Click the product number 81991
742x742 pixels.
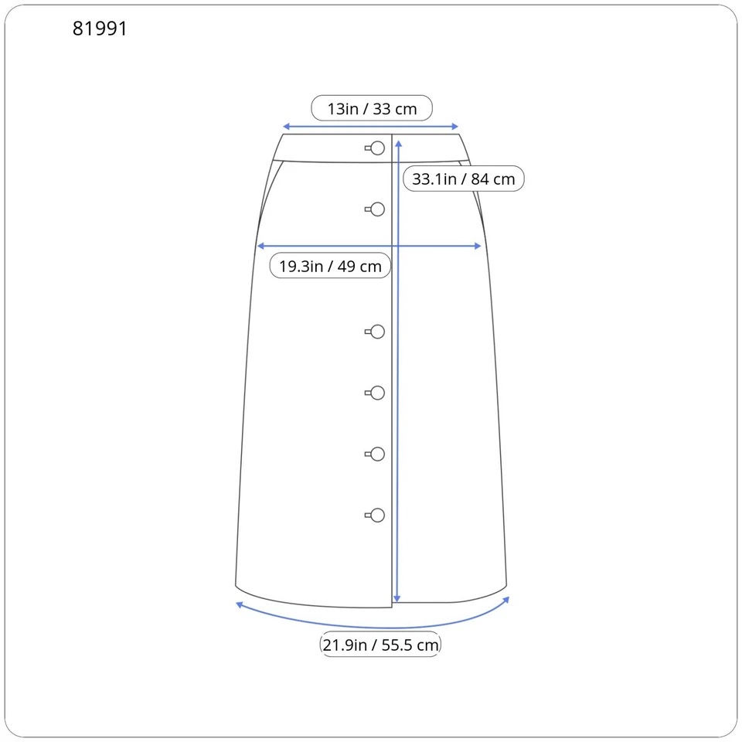click(x=100, y=29)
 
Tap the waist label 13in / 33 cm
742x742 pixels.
click(x=372, y=108)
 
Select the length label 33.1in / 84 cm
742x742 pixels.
click(x=463, y=179)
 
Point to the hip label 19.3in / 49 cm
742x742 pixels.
click(x=330, y=266)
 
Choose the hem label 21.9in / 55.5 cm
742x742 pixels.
click(x=380, y=645)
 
